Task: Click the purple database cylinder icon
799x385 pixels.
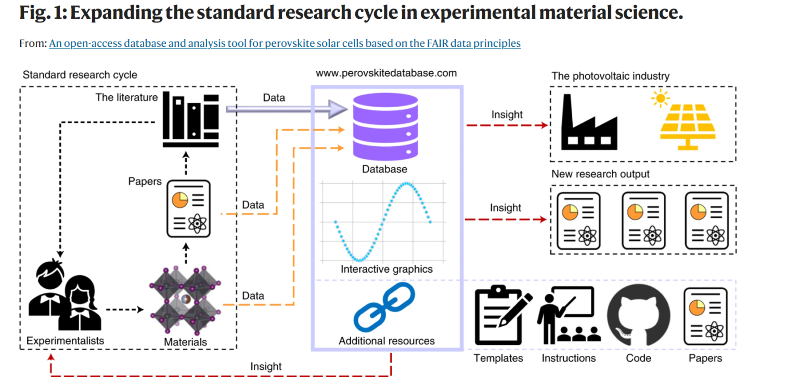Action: [x=385, y=126]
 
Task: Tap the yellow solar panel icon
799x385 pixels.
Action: [x=688, y=126]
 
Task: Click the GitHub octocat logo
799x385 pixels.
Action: [x=638, y=315]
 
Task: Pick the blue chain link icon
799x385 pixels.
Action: [x=384, y=307]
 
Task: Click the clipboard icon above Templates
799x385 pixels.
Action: [x=504, y=315]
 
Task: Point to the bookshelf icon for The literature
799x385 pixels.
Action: [x=190, y=120]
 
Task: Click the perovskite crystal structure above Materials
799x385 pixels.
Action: [x=185, y=300]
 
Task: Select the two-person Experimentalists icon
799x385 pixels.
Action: [x=65, y=296]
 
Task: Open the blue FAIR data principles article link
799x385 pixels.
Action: [x=285, y=43]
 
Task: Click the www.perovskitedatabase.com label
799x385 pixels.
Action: [x=386, y=73]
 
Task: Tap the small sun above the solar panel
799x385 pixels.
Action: [x=660, y=98]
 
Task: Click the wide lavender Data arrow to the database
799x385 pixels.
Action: [x=287, y=109]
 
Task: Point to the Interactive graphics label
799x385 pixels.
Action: [x=386, y=269]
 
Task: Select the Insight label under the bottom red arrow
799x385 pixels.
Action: [x=266, y=366]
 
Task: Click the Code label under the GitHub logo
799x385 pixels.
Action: [x=638, y=358]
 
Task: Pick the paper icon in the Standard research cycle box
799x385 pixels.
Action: [x=189, y=209]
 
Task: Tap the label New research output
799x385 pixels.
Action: [x=600, y=174]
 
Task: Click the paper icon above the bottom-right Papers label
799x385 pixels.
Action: [x=706, y=316]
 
